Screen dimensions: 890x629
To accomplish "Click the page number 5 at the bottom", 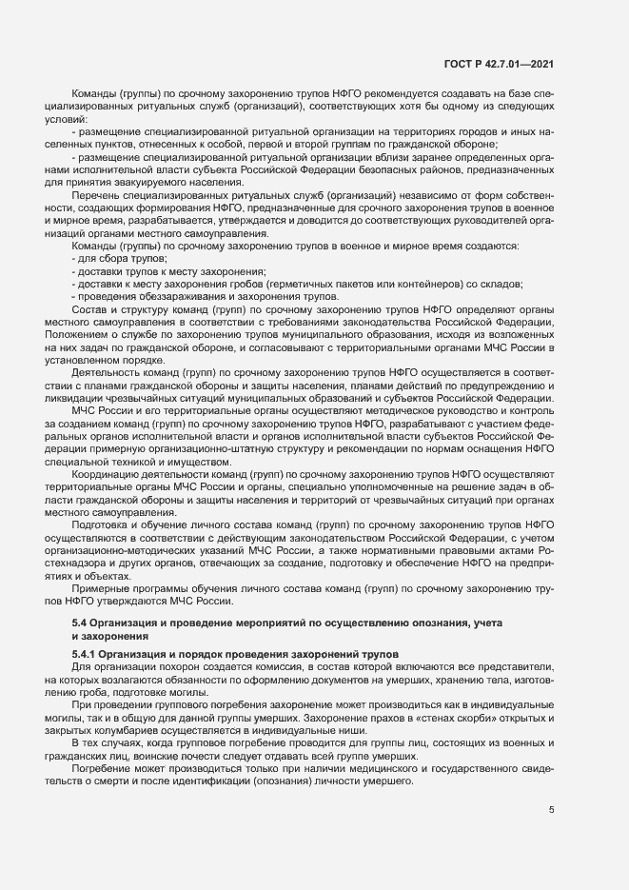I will (x=552, y=810).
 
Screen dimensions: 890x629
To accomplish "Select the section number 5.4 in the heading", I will (x=80, y=622).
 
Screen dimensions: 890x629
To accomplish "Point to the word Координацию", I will (x=106, y=473).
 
